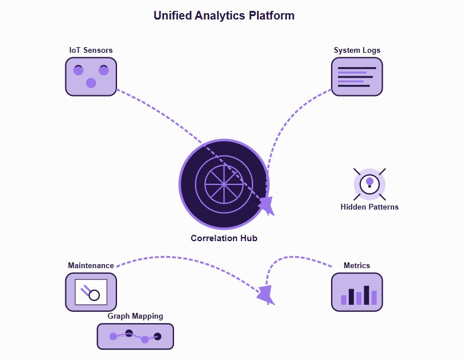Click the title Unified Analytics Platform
pyautogui.click(x=224, y=16)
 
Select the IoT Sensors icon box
pyautogui.click(x=91, y=76)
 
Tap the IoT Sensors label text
pyautogui.click(x=91, y=50)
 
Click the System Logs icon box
pyautogui.click(x=357, y=76)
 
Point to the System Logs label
pyautogui.click(x=357, y=50)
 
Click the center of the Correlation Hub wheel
pyautogui.click(x=224, y=184)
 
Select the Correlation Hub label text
pyautogui.click(x=224, y=238)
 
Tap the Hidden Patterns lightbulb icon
pyautogui.click(x=369, y=184)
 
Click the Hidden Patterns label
pyautogui.click(x=369, y=207)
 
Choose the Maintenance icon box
pyautogui.click(x=91, y=292)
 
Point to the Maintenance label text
pyautogui.click(x=91, y=265)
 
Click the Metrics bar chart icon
pyautogui.click(x=357, y=292)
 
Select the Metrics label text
pyautogui.click(x=357, y=265)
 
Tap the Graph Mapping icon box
pyautogui.click(x=135, y=336)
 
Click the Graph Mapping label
pyautogui.click(x=135, y=316)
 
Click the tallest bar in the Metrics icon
pyautogui.click(x=367, y=295)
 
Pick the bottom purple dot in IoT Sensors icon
pyautogui.click(x=91, y=83)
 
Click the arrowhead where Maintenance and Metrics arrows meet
pyautogui.click(x=266, y=295)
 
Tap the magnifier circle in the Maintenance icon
pyautogui.click(x=94, y=296)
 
